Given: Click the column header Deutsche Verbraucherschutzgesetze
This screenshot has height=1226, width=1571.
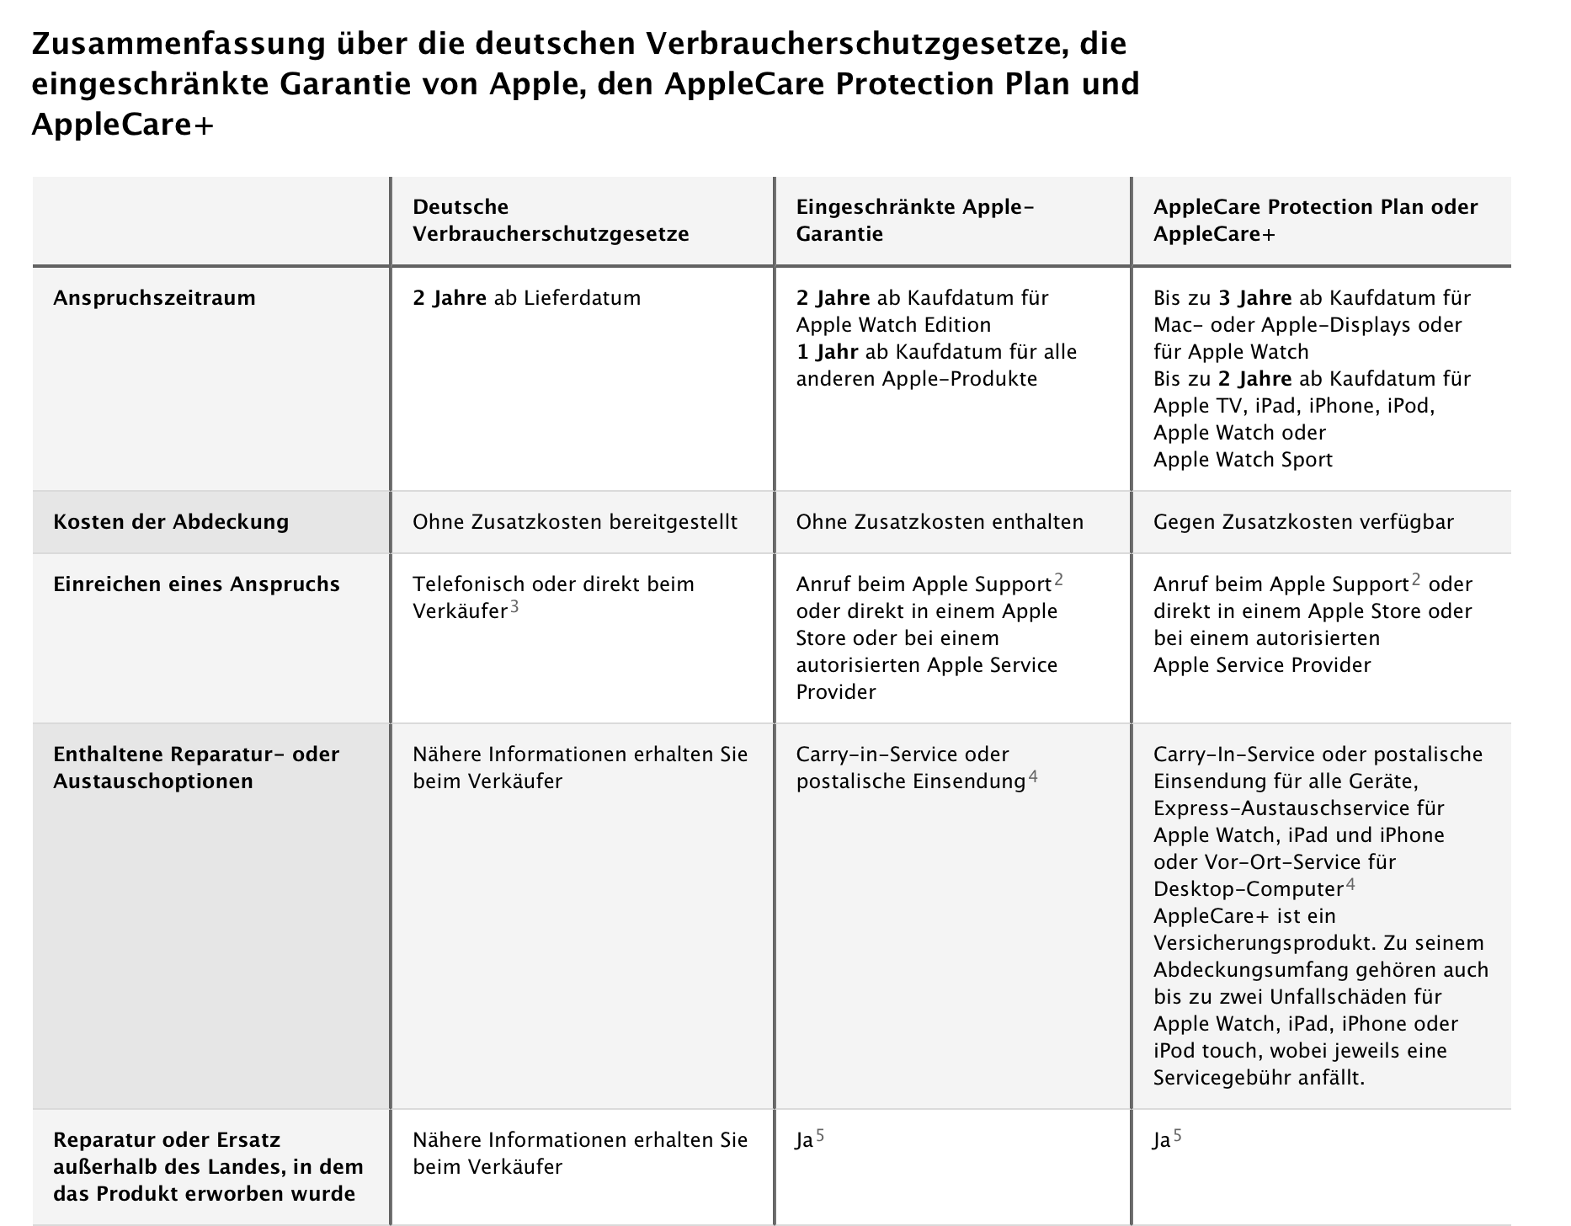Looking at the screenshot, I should point(550,221).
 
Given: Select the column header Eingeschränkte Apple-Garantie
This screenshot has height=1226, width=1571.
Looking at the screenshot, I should point(914,221).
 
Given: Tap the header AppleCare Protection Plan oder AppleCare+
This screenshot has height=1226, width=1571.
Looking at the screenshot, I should point(1314,221).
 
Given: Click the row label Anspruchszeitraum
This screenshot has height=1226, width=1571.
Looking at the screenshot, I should point(154,298).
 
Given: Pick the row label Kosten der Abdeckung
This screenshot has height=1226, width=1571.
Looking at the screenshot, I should point(171,522).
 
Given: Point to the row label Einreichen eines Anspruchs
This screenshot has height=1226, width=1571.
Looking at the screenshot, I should point(196,584).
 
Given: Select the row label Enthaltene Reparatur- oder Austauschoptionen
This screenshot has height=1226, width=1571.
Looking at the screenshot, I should point(196,768).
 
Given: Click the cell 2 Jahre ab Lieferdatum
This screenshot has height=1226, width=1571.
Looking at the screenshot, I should point(526,298).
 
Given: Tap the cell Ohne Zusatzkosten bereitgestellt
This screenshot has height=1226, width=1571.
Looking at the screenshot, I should point(575,522).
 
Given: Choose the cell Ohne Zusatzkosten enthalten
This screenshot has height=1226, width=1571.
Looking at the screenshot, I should point(940,522).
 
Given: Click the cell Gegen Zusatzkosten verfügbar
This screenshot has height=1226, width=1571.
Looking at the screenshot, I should point(1303,522).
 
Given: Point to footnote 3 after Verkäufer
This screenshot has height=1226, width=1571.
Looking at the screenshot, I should point(514,606).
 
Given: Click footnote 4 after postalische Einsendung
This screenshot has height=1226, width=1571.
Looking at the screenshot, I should point(1033,776).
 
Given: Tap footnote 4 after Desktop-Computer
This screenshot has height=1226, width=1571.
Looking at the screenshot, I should point(1350,884).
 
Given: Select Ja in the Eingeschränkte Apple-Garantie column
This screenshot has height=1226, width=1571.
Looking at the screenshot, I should point(805,1141).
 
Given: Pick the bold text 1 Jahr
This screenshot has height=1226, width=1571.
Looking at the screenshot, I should point(827,352).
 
